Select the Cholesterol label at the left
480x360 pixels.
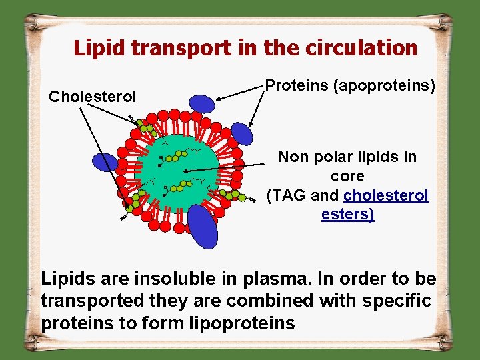(93, 97)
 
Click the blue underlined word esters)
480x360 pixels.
(347, 214)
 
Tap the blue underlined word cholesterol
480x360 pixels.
(386, 195)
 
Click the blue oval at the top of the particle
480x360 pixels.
(202, 103)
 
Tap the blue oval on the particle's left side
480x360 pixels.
(105, 163)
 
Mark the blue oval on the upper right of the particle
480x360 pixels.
(242, 133)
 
